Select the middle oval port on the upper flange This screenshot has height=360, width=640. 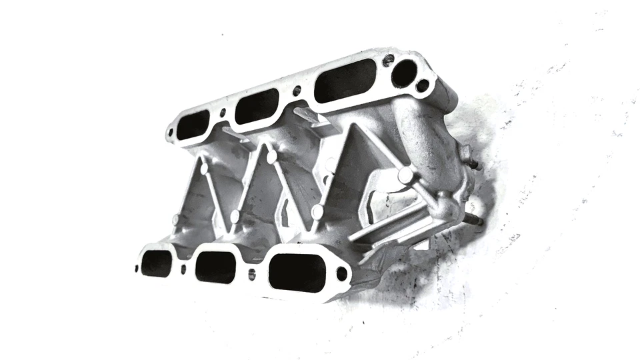(x=257, y=107)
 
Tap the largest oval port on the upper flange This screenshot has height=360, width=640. (x=345, y=80)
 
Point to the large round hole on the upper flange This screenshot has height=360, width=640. (x=404, y=73)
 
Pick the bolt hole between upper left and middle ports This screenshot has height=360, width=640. (x=223, y=113)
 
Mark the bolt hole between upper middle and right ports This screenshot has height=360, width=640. (x=297, y=90)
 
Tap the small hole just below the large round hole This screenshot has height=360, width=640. (x=421, y=85)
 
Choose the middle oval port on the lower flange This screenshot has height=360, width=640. (x=215, y=267)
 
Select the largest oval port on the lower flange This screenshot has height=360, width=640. (x=297, y=273)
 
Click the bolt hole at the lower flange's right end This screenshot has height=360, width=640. (x=342, y=273)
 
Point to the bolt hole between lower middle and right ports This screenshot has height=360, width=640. (x=251, y=274)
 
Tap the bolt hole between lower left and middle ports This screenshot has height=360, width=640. (x=183, y=269)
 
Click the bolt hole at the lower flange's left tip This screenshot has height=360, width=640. (x=137, y=269)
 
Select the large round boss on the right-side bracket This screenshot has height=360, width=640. (x=405, y=175)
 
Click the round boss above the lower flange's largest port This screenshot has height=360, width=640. (x=317, y=212)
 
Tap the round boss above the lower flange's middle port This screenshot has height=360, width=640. (x=235, y=216)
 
